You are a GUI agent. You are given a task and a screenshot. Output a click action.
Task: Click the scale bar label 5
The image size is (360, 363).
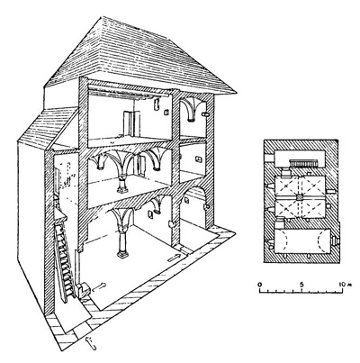pos(301,284)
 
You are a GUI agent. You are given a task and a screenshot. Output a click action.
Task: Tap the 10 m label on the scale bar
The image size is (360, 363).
pos(343,284)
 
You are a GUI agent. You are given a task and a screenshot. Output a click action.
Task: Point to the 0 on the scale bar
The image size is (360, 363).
pos(260,284)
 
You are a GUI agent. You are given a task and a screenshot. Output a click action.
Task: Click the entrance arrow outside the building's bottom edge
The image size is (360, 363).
pos(91,343)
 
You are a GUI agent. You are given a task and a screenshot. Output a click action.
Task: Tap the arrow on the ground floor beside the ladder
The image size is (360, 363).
pos(99,287)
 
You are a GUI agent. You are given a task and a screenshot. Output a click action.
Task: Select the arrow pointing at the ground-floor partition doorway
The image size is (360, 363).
pos(175,258)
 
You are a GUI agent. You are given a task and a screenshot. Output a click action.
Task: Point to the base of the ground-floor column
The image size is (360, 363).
pos(123,255)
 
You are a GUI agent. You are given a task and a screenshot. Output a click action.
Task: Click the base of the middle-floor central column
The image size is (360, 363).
pos(122,189)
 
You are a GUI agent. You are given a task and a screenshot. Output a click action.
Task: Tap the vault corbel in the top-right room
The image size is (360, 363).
pos(190,120)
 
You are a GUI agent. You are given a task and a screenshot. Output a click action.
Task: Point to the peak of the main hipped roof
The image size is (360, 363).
pos(103,18)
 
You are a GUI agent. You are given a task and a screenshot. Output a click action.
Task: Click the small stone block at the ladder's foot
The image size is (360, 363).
pos(84,290)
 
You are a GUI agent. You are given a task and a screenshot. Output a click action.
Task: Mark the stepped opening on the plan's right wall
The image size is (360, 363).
pos(336,240)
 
